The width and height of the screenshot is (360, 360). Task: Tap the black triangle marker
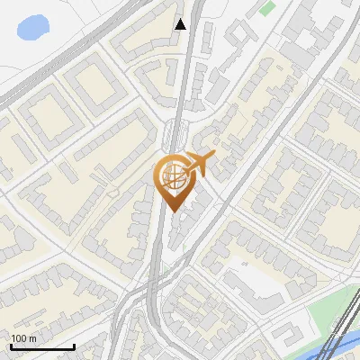(x=180, y=23)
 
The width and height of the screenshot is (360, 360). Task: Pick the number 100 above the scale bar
(x=18, y=337)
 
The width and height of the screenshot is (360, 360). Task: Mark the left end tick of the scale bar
(x=11, y=344)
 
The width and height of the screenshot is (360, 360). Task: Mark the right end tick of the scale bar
(x=74, y=344)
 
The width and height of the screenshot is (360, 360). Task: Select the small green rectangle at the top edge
(x=267, y=8)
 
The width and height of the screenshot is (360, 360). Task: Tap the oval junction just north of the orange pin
(x=176, y=135)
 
